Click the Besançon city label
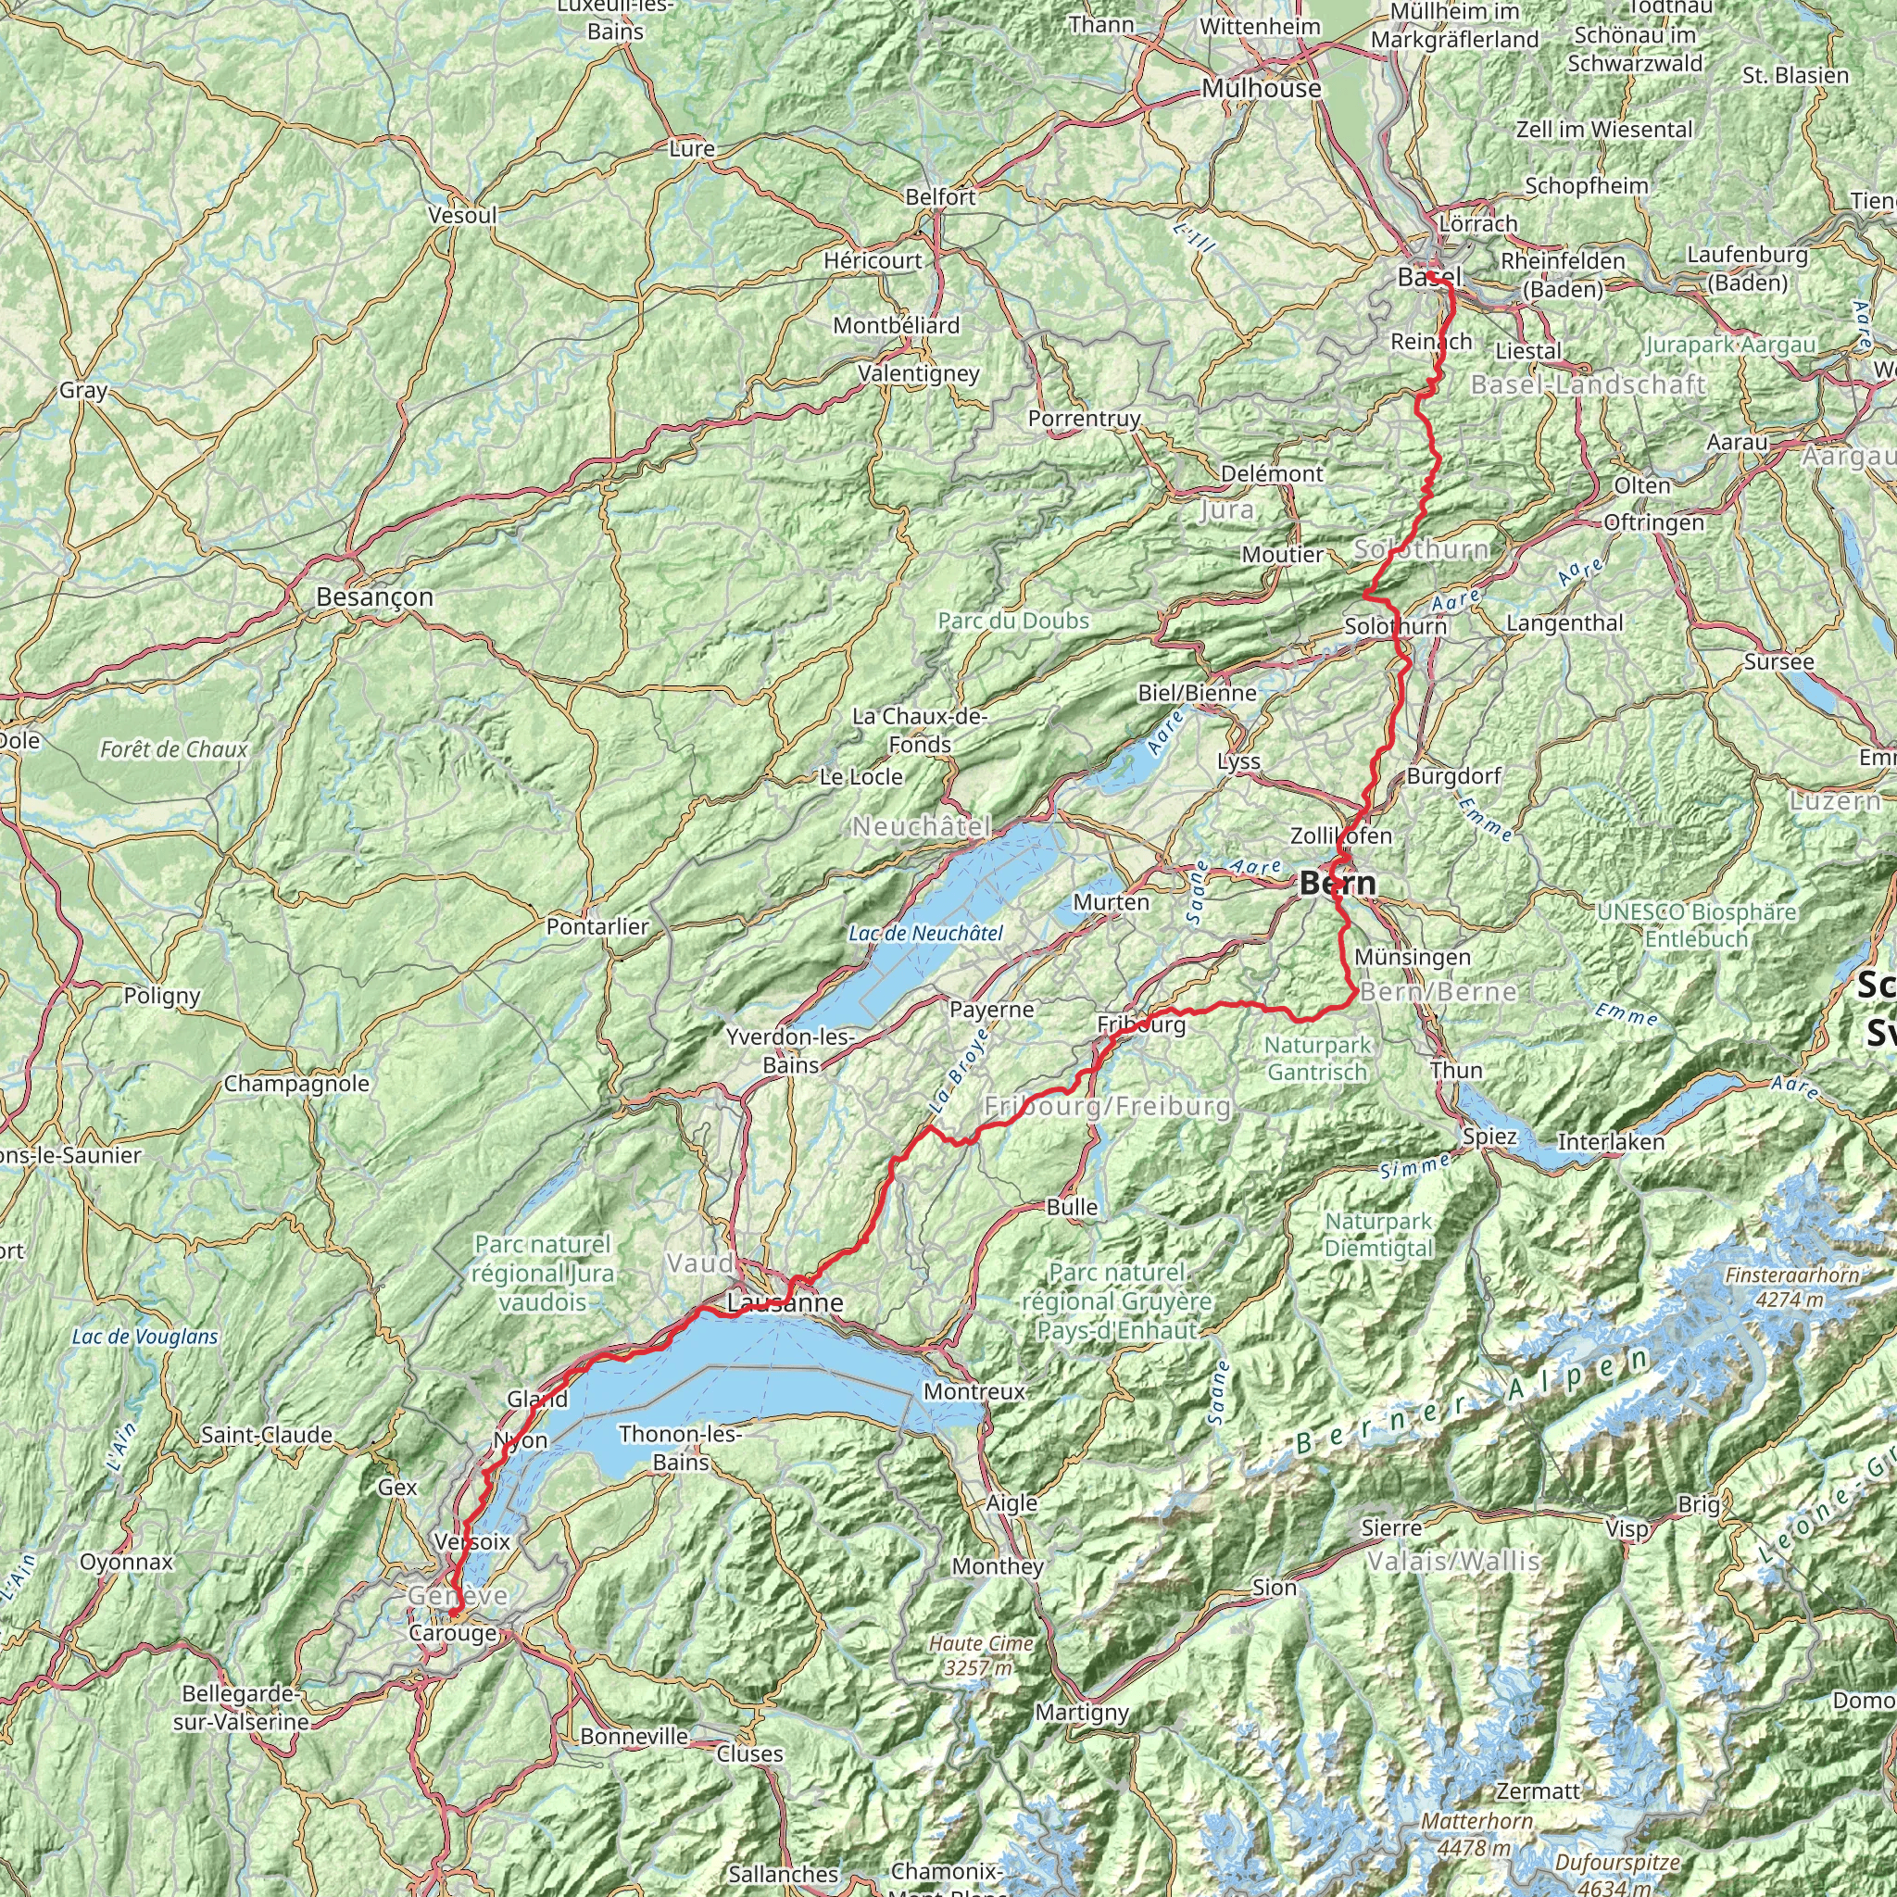click(374, 597)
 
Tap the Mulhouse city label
click(1261, 88)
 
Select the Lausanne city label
click(785, 1303)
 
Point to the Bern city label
click(1337, 884)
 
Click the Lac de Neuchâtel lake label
click(926, 934)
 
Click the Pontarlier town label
click(598, 927)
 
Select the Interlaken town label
click(1612, 1142)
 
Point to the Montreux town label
click(974, 1391)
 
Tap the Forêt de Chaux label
click(174, 750)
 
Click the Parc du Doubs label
click(1013, 621)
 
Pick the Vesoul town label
click(462, 215)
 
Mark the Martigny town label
click(1082, 1713)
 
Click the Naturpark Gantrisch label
click(1317, 1059)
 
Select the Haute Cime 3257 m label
click(981, 1654)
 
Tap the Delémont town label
click(1272, 473)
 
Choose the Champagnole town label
click(296, 1084)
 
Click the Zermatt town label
click(1539, 1791)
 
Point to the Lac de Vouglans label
click(145, 1337)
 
